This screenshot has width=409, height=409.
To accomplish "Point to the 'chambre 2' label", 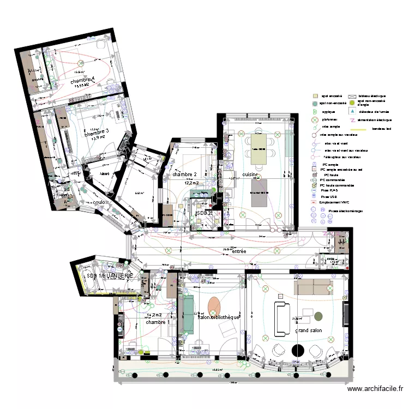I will tap(184, 175).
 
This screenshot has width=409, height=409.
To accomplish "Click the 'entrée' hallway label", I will tap(239, 251).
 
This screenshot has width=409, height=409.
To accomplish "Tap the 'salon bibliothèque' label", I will tap(218, 317).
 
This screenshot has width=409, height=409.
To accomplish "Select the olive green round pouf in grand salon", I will tap(318, 316).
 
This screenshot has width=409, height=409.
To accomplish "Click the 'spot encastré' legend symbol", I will tap(315, 96).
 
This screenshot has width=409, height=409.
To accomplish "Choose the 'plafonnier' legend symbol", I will tap(315, 119).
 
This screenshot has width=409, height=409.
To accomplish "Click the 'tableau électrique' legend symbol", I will tap(352, 96).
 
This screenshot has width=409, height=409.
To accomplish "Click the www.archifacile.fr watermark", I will tap(376, 389).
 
